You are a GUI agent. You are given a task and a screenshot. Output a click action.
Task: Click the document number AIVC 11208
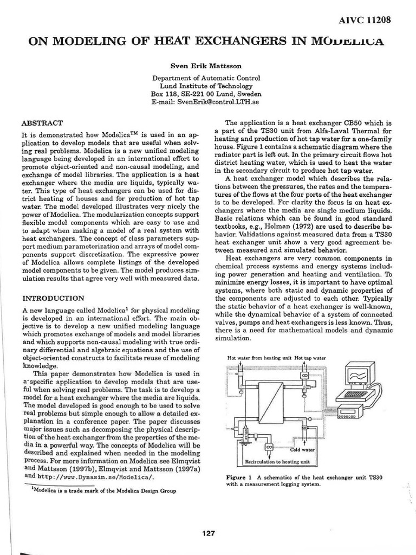click(364, 21)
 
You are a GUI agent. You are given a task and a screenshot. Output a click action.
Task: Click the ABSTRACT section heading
click(42, 123)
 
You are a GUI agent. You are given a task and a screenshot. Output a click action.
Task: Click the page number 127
click(208, 533)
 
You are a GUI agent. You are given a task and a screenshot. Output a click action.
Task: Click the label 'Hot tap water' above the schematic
click(310, 358)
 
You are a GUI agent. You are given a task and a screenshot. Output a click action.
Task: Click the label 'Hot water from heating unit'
click(259, 358)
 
